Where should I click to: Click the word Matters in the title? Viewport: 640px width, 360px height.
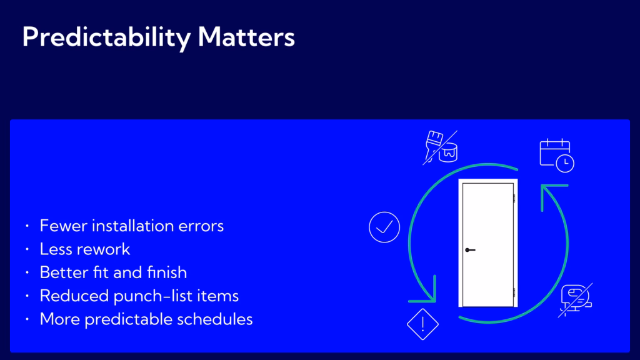click(246, 37)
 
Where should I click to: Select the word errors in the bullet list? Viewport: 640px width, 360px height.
click(201, 226)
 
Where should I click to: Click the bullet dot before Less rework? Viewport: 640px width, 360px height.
click(27, 249)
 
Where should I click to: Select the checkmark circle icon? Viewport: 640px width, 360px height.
click(384, 227)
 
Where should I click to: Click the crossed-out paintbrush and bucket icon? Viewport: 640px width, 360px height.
click(441, 147)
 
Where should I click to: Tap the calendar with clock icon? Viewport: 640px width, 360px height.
click(557, 156)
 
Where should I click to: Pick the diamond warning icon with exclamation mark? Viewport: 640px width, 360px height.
click(422, 324)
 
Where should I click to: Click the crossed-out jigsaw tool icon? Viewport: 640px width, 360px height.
click(576, 299)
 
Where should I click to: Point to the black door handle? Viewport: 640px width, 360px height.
click(470, 250)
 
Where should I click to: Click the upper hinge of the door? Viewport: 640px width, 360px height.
click(514, 198)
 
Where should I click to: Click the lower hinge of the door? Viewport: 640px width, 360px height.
click(514, 292)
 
